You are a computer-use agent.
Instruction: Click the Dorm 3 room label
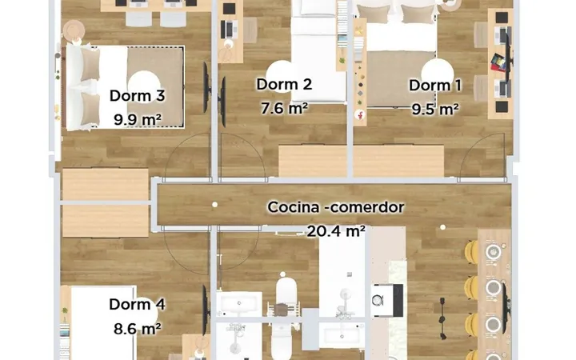pos(137,96)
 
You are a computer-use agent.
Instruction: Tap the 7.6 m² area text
pos(284,108)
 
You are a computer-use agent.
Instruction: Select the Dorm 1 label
pos(435,86)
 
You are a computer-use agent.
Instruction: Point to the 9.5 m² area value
pos(435,109)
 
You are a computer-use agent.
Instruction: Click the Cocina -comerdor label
pos(336,207)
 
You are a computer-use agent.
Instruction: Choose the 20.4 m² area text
pos(336,231)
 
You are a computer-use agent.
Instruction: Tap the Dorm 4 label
pos(137,305)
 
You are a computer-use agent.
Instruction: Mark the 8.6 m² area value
pos(137,329)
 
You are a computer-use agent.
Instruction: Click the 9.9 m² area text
pos(137,119)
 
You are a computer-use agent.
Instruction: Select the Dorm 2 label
pos(284,85)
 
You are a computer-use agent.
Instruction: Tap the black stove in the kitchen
pos(387,301)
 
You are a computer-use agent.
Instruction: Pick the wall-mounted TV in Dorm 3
pos(206,88)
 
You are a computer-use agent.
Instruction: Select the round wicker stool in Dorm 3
pos(74,30)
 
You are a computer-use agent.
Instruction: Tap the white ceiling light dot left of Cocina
pos(215,205)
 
